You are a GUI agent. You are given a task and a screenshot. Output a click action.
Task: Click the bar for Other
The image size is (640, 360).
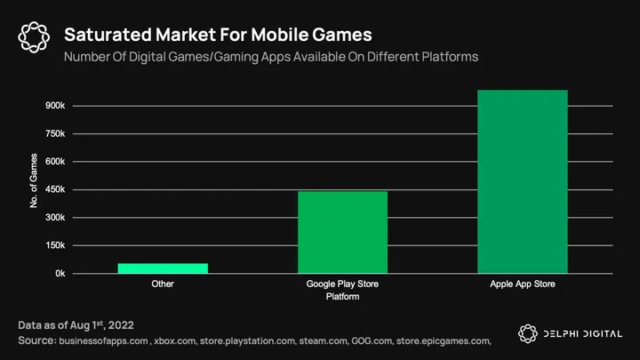(163, 268)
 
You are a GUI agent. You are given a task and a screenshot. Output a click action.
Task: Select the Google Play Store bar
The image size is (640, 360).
(342, 232)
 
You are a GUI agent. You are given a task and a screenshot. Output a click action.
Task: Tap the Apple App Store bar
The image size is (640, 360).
(523, 181)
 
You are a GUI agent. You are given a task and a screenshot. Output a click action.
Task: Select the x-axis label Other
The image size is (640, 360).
(163, 285)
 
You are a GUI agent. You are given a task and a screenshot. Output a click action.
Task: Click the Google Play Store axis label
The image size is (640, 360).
(342, 285)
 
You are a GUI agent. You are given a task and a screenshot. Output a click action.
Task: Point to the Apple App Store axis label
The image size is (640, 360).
(523, 285)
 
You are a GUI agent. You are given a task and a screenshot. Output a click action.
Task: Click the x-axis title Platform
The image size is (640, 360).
(342, 297)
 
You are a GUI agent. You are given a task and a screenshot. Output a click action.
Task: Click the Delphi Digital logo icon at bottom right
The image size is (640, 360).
(529, 334)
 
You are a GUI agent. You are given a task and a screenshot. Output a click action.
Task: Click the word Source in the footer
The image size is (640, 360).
(36, 340)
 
